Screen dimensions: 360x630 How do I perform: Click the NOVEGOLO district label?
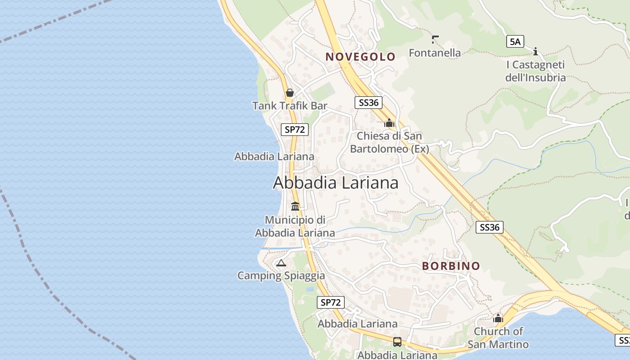360,57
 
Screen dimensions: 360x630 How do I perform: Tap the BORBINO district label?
451,266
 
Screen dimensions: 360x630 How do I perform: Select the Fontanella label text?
435,53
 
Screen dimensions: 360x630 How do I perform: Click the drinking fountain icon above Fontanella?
435,39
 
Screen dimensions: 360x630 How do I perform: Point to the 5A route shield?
515,42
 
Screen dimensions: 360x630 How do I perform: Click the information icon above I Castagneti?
535,51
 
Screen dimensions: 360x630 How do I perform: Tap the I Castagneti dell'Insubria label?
535,71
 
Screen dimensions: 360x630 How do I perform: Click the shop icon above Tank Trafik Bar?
290,93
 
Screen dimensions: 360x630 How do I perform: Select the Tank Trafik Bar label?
290,106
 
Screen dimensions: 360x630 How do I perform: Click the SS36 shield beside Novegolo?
368,103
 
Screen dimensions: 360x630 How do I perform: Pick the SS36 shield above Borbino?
489,227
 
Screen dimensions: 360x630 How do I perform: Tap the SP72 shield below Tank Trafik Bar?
295,130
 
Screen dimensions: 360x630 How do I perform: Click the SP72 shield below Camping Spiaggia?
331,302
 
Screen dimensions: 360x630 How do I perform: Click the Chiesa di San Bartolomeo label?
389,142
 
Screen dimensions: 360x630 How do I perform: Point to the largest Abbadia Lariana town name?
336,183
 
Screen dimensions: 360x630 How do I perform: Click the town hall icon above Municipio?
295,207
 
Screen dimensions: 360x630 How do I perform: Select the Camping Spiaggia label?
281,275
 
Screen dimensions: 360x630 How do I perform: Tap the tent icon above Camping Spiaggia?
281,263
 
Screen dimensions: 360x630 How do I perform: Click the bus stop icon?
397,342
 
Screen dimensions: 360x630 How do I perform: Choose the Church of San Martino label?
498,338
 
